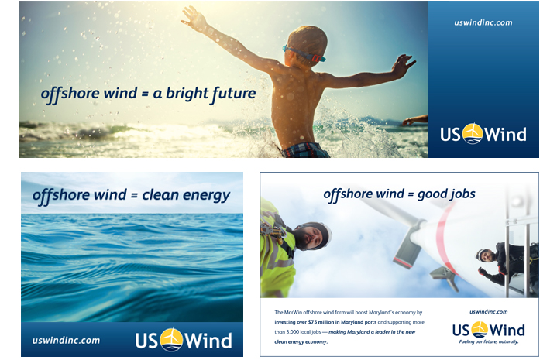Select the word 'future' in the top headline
tap(232, 94)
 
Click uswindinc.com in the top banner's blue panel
tap(483, 22)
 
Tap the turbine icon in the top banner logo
tap(472, 133)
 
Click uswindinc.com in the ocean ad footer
tap(66, 340)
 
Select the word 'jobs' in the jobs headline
tap(465, 194)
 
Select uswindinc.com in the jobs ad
tap(488, 312)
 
